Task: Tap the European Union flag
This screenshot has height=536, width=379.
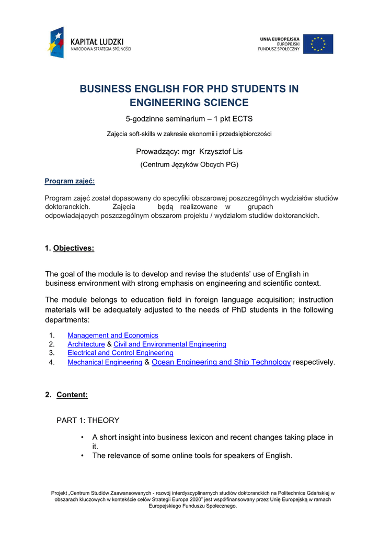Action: (318, 44)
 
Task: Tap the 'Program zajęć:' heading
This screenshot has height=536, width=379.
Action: (70, 181)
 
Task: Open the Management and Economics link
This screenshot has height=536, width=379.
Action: (112, 335)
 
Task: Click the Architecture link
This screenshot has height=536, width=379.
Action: (86, 344)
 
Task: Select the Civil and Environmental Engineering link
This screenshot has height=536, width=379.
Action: (170, 344)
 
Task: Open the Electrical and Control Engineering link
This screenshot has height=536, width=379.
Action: (120, 353)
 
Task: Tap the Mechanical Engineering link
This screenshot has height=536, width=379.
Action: (105, 362)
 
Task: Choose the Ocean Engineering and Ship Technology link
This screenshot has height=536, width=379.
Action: (221, 362)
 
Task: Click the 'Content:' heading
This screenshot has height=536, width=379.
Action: (72, 395)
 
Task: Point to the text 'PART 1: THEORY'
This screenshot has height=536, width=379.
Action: (88, 420)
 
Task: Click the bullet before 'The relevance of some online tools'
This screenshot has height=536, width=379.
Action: (83, 456)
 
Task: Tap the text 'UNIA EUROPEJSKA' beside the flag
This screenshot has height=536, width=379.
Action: (280, 39)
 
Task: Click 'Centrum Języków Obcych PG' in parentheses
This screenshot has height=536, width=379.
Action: (189, 165)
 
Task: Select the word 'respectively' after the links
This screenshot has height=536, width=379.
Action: (313, 362)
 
